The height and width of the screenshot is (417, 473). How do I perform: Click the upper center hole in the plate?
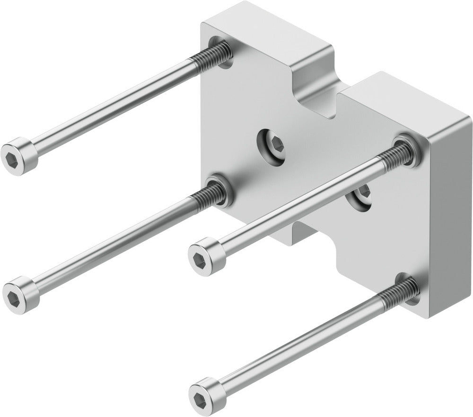(x=272, y=145)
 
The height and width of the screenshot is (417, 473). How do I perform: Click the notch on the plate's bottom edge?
(x=312, y=237)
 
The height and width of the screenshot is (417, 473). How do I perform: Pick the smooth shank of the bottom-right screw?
(x=298, y=342)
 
